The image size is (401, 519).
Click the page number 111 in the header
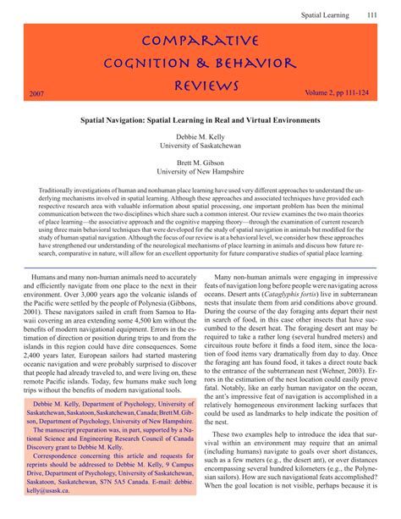pyautogui.click(x=372, y=14)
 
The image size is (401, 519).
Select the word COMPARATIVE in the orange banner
pyautogui.click(x=200, y=41)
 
